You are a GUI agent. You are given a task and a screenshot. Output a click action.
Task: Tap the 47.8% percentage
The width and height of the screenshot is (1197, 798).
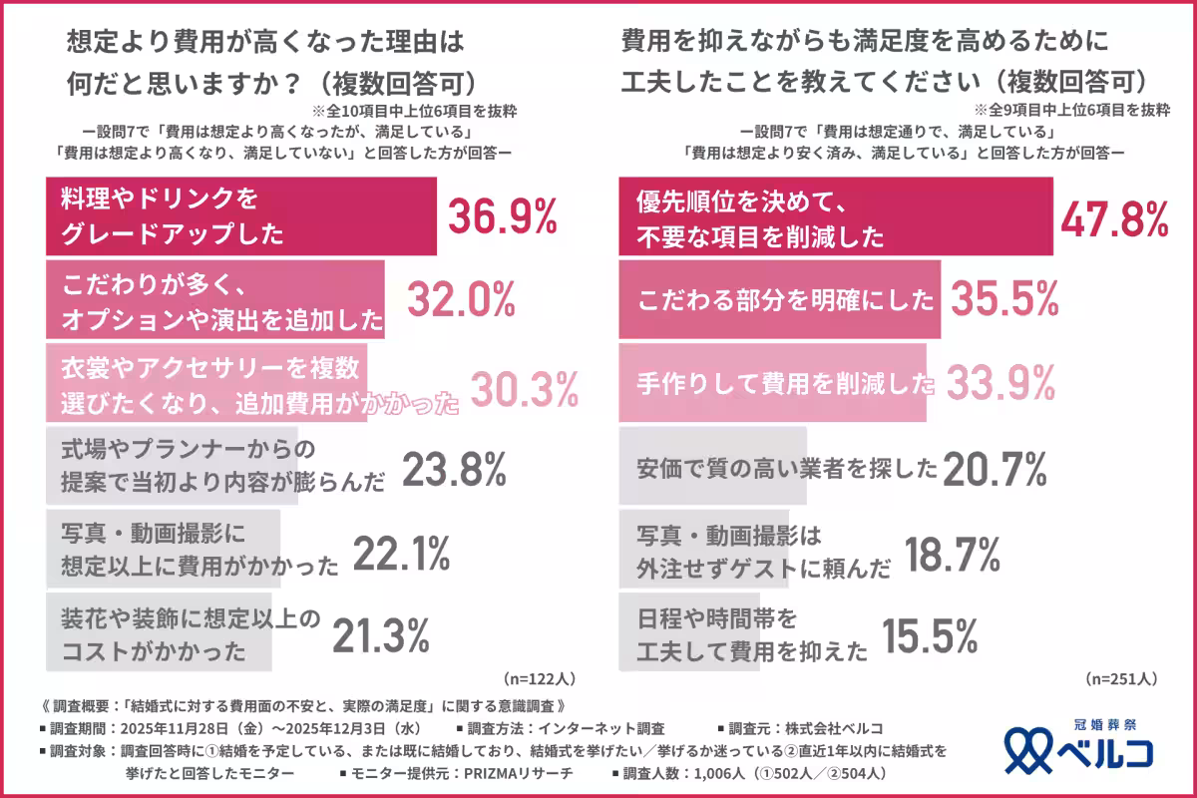1113,216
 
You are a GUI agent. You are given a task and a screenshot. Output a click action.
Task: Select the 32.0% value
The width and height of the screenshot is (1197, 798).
459,299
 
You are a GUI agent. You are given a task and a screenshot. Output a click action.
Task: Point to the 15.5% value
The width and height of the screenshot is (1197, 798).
928,633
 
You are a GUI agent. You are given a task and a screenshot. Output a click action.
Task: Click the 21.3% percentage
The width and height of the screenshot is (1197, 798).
380,633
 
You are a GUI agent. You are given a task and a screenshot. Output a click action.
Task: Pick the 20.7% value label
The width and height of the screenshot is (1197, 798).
994,467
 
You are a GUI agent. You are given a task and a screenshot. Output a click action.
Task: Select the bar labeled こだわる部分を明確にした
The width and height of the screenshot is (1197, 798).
779,299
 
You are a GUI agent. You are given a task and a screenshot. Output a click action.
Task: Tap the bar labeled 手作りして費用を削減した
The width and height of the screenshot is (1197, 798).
772,383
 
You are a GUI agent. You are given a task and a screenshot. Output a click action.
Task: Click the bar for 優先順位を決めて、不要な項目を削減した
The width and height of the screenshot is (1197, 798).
836,216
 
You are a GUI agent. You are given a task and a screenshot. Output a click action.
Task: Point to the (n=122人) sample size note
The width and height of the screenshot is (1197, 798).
540,678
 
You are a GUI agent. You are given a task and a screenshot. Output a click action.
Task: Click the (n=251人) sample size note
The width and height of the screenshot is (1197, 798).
1121,678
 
